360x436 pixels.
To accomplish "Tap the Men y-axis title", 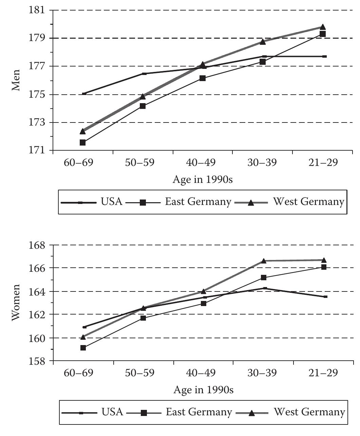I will pyautogui.click(x=16, y=80).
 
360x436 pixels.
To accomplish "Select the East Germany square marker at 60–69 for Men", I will pyautogui.click(x=82, y=143).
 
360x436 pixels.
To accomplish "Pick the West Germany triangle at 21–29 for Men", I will pyautogui.click(x=323, y=27).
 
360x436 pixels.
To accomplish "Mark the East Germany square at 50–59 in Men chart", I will pyautogui.click(x=143, y=106).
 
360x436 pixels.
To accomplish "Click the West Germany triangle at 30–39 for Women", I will pyautogui.click(x=264, y=261).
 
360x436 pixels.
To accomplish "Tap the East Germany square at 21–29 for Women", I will pyautogui.click(x=324, y=267).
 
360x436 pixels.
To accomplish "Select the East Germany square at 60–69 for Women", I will pyautogui.click(x=83, y=348).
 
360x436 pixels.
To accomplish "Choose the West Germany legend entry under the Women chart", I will pyautogui.click(x=309, y=412).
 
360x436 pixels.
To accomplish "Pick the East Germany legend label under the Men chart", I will pyautogui.click(x=198, y=202).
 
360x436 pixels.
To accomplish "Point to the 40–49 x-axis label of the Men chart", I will pyautogui.click(x=203, y=163).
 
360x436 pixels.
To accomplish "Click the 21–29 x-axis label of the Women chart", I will pyautogui.click(x=323, y=373).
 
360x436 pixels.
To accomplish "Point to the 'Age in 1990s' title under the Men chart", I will pyautogui.click(x=203, y=179).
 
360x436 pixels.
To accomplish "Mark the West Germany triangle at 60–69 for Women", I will pyautogui.click(x=83, y=337).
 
